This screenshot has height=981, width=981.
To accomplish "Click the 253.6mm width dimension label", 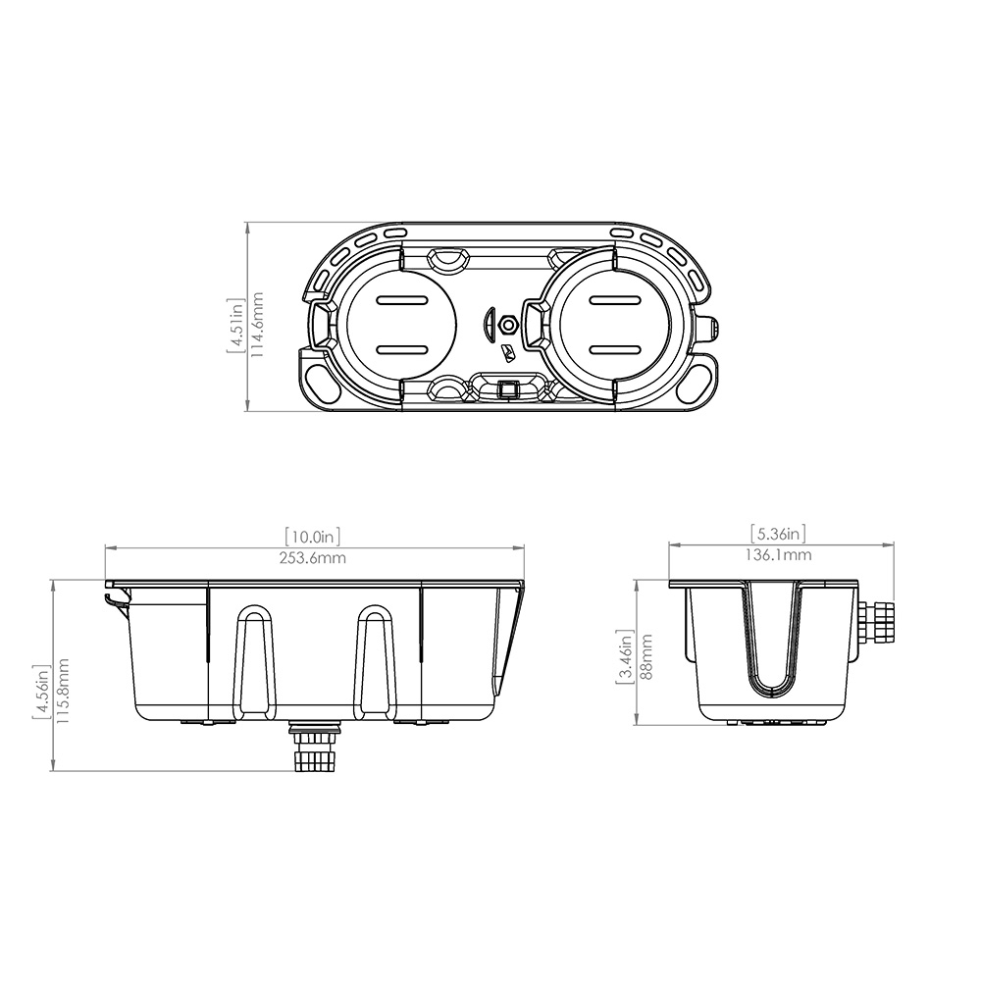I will coord(314,558).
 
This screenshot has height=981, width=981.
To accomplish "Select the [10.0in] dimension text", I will coord(314,537).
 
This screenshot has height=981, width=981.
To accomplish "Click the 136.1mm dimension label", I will coord(779,555).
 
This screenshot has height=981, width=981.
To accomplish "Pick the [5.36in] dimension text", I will coord(779,534).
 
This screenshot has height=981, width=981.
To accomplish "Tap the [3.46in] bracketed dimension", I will coord(624,655).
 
